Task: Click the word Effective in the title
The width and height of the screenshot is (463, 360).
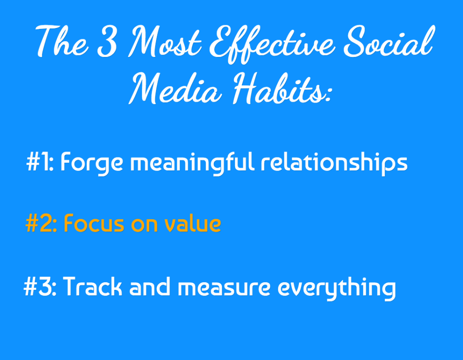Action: coord(273,44)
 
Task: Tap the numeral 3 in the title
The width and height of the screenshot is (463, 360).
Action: coord(108,41)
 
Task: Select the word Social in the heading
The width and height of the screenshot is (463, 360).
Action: coord(390,41)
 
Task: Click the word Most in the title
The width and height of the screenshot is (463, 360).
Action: coord(165,41)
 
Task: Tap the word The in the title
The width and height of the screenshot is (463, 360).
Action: coord(62,41)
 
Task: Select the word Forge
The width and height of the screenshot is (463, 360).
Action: coord(92,164)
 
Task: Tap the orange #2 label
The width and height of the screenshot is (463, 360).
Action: coord(41,223)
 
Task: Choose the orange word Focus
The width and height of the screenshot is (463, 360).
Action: coord(94,223)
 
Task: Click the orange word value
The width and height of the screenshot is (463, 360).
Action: coord(193,223)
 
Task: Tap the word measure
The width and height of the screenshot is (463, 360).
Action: coord(224,288)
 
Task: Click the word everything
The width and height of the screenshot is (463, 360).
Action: coord(336,289)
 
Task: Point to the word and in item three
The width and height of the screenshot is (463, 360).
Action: coord(150,286)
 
